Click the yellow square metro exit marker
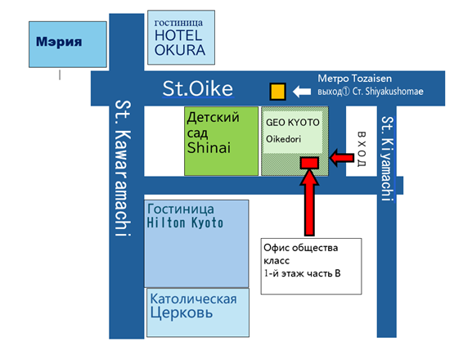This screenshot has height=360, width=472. point(277,92)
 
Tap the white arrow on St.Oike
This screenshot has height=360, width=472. point(302,92)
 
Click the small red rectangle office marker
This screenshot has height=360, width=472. point(309,163)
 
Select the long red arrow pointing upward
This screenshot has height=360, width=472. point(309,202)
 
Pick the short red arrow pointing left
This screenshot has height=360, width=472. point(342,157)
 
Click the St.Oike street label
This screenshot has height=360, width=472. point(198,89)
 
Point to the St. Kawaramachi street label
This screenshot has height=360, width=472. point(124,168)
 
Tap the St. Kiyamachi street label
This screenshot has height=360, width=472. point(388,159)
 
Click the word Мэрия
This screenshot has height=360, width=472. point(59,42)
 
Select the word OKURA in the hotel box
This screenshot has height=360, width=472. point(180,50)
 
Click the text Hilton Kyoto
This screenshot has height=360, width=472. point(185,223)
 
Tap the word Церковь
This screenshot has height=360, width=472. point(182,313)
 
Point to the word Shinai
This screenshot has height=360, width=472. point(209,147)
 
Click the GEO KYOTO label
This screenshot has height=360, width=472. point(293,123)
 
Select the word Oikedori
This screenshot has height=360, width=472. point(283,139)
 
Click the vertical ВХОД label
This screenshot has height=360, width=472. point(362,149)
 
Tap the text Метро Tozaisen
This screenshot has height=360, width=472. point(354,79)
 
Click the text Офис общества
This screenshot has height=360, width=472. point(301,248)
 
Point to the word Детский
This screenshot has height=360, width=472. point(214,118)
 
